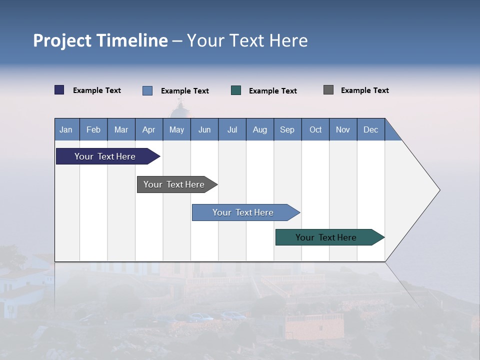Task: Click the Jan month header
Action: pos(66,129)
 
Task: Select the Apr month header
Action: pos(149,129)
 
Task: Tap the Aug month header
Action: pos(260,129)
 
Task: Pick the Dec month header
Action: pos(370,129)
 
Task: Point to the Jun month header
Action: pos(204,129)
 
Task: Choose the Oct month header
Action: pos(315,129)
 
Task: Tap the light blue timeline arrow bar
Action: pos(243,212)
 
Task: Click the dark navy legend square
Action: pos(59,90)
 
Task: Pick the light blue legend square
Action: pos(147,90)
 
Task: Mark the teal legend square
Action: pos(236,90)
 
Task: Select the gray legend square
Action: pos(328,90)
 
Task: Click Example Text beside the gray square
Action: pos(364,90)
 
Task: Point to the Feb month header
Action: pos(93,129)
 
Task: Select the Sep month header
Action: pos(287,129)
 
